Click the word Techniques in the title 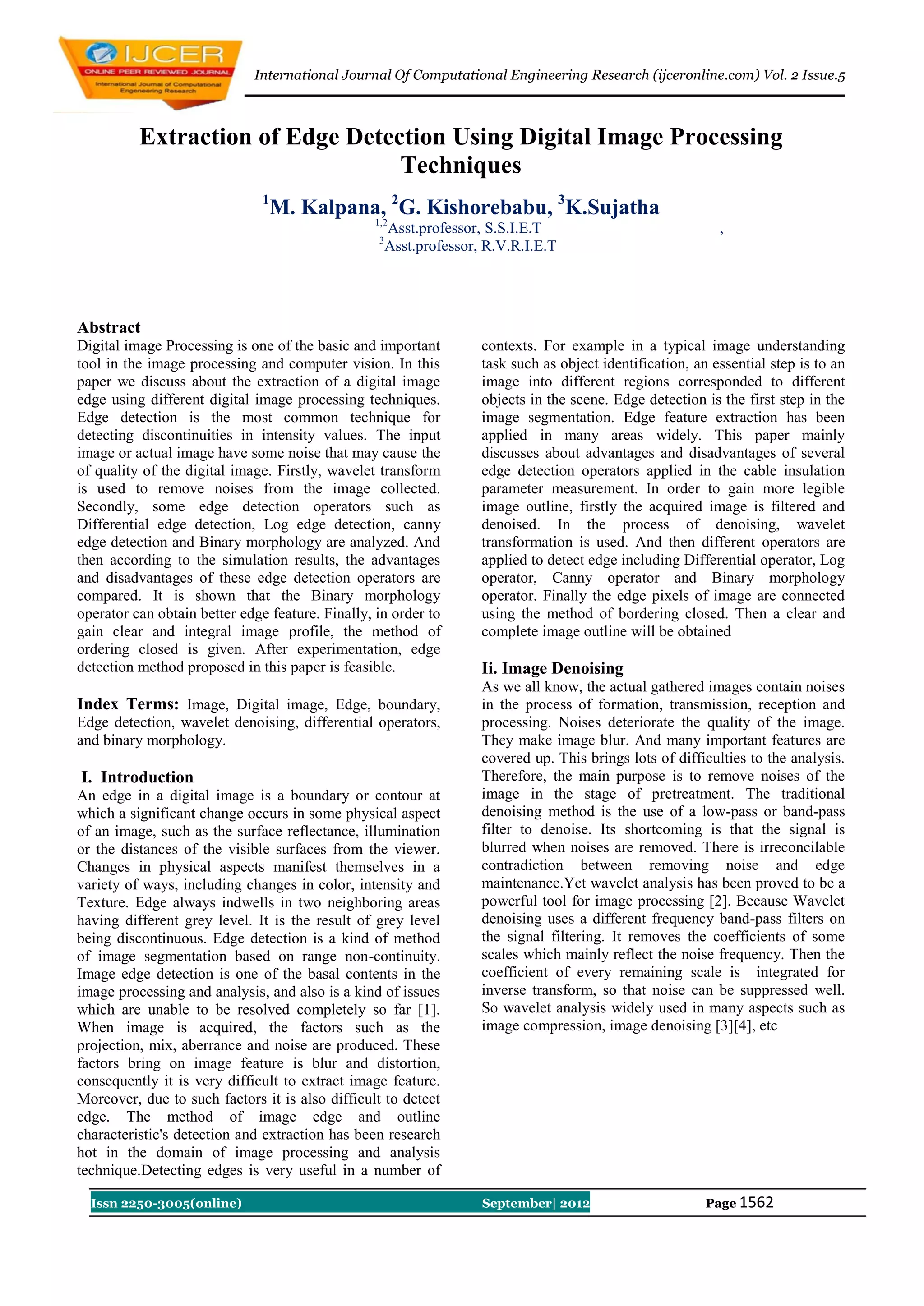pos(461,166)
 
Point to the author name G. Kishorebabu pos(475,207)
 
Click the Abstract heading pos(109,328)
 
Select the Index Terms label pos(128,704)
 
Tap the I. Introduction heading pos(137,777)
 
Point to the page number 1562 pos(756,1202)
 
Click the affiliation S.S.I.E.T pos(513,229)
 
